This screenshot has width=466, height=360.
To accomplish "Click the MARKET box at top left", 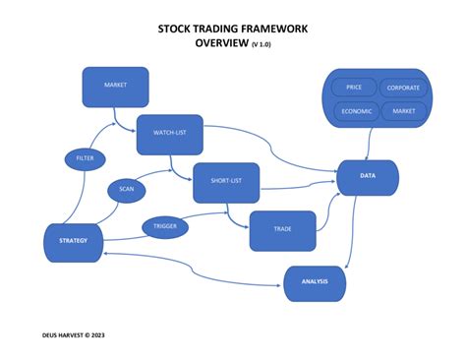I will (115, 87).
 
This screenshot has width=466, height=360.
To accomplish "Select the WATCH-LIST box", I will (169, 134).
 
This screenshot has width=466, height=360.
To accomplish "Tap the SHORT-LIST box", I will (225, 182).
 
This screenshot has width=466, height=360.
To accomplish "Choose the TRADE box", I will (282, 229).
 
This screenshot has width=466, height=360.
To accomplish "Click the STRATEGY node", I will (74, 242).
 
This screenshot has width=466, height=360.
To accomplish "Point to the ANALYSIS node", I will (316, 282).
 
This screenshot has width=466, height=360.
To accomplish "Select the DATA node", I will (367, 178).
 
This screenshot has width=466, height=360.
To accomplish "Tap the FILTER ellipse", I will (85, 157).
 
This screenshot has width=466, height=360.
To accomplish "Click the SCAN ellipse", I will (127, 189).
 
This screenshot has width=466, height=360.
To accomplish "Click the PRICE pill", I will (354, 88).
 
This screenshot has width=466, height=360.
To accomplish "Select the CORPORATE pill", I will (403, 88).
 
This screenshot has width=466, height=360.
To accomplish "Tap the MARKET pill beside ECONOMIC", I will (403, 111).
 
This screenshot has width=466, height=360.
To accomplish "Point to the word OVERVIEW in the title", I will (221, 44).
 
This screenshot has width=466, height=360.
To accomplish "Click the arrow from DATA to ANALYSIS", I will (352, 231).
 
